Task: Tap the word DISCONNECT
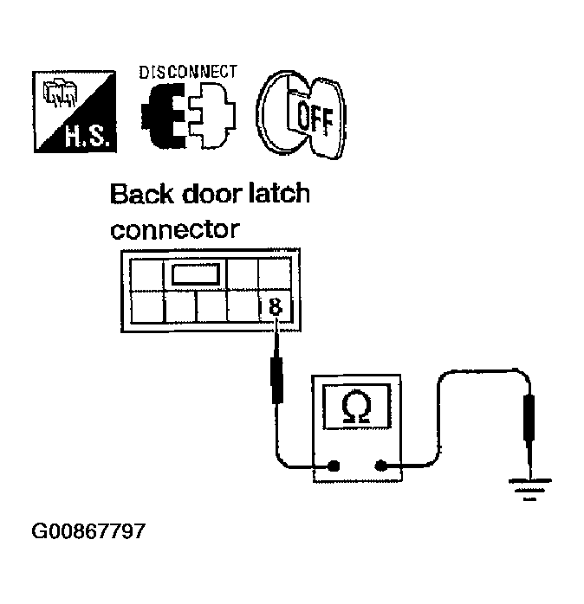click(x=186, y=72)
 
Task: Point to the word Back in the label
click(x=142, y=193)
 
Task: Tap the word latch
click(x=278, y=193)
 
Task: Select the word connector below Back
click(x=173, y=229)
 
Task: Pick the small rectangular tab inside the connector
click(x=198, y=275)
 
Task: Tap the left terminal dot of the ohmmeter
click(x=334, y=467)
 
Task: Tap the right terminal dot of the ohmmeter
click(x=380, y=467)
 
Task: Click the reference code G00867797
click(x=88, y=530)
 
